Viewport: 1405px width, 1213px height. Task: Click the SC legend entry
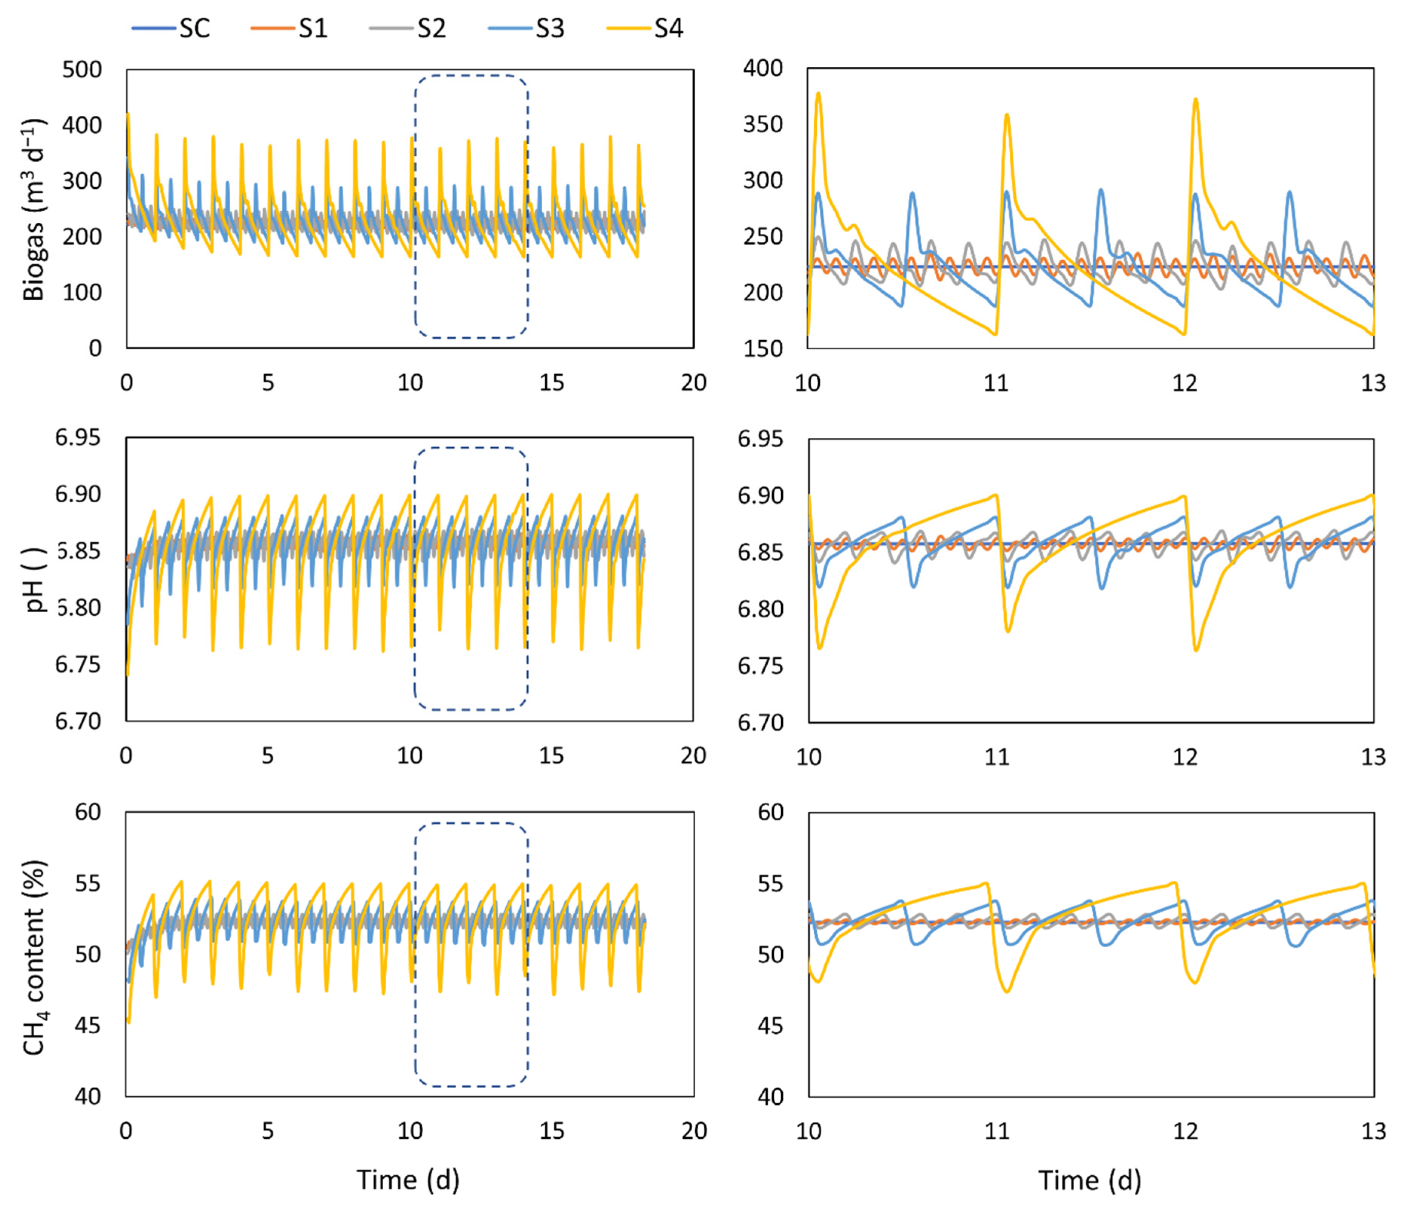[x=171, y=29]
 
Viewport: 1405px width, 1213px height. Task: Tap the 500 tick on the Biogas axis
[x=82, y=69]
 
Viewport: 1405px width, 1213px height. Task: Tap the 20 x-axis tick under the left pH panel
[x=693, y=755]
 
